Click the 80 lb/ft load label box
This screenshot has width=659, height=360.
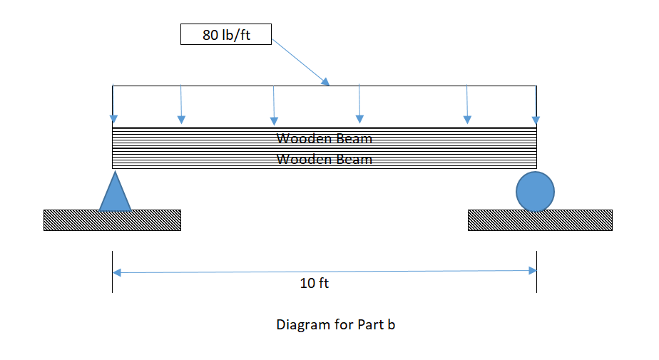pos(226,35)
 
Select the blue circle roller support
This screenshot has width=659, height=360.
pos(535,192)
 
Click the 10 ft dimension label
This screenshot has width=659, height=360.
pos(315,283)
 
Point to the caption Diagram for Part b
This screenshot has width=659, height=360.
pos(335,324)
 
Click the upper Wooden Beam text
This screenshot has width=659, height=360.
pos(325,138)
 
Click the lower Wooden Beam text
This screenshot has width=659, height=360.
pos(325,159)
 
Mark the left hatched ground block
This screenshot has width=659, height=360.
pos(112,220)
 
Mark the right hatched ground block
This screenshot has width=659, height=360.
pos(540,220)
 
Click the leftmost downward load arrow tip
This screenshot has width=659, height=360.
pos(113,120)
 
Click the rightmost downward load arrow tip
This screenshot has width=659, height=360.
pos(536,120)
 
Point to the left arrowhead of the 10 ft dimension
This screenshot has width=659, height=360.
pos(116,272)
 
